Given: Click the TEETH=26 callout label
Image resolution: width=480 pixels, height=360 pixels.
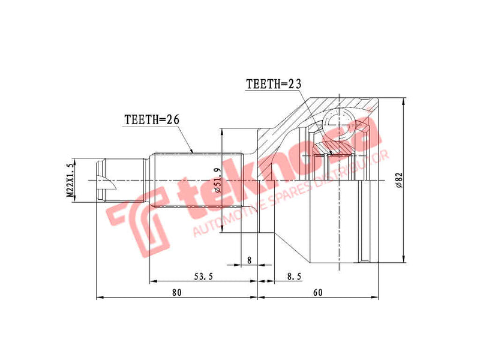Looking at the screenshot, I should [x=152, y=119].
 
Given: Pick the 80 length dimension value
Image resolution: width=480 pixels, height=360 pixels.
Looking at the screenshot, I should [x=176, y=292].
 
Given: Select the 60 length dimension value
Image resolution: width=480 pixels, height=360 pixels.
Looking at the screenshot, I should [x=317, y=292].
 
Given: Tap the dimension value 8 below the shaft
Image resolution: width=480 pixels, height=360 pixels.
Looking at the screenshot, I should [x=249, y=260].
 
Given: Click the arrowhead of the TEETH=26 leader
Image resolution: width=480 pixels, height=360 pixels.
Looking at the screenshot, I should [x=193, y=151].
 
